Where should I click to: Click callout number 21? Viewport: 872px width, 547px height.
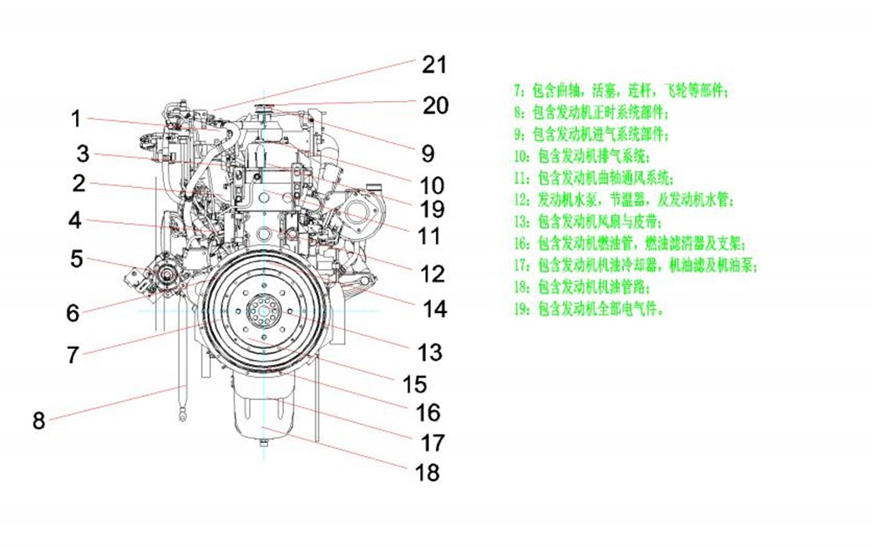pyautogui.click(x=433, y=64)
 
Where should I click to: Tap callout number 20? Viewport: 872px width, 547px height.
pyautogui.click(x=435, y=105)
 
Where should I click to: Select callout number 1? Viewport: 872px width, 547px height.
pyautogui.click(x=76, y=119)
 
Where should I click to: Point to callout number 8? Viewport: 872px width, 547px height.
pyautogui.click(x=38, y=420)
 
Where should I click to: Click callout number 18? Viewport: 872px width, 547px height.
pyautogui.click(x=426, y=473)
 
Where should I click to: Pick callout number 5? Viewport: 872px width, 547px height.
pyautogui.click(x=76, y=259)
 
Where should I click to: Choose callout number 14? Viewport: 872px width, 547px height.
pyautogui.click(x=434, y=309)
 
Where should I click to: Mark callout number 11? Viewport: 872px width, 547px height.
pyautogui.click(x=428, y=237)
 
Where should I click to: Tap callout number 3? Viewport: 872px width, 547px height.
pyautogui.click(x=82, y=154)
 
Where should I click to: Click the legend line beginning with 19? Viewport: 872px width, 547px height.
pyautogui.click(x=593, y=309)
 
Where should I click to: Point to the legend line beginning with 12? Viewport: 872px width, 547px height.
pyautogui.click(x=624, y=200)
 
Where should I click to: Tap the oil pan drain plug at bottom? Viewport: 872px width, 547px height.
pyautogui.click(x=264, y=443)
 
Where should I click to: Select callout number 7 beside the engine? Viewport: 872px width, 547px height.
pyautogui.click(x=74, y=354)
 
